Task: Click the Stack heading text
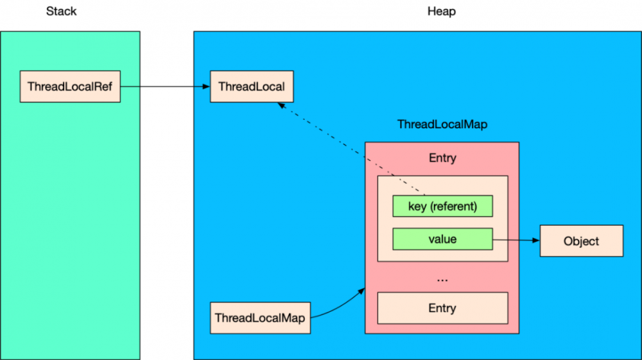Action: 61,12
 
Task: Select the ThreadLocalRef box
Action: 70,87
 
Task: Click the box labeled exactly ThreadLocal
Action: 252,87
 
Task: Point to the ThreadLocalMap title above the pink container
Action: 442,124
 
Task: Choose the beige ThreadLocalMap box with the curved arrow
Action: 260,318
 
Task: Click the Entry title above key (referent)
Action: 442,158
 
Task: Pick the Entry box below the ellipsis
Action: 442,308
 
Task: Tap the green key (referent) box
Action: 442,207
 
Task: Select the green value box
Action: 442,239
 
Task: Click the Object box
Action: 581,241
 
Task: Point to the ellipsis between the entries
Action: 442,279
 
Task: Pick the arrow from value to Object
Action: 514,240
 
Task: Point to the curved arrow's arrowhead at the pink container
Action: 362,292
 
